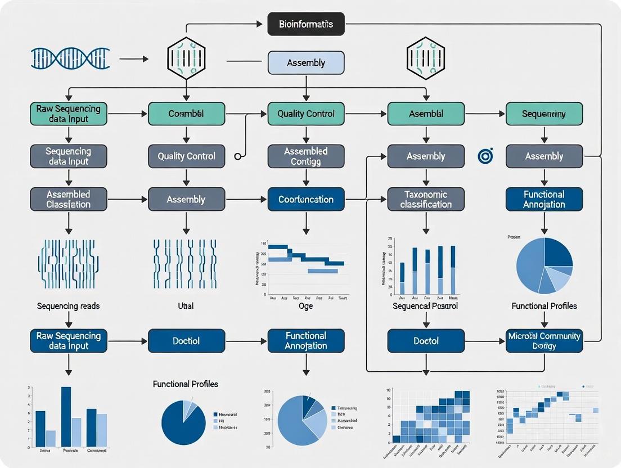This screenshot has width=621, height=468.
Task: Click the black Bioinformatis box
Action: (305, 24)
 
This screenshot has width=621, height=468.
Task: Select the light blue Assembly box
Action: (305, 62)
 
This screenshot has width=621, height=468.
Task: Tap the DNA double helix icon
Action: (70, 58)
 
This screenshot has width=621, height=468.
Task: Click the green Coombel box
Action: (186, 114)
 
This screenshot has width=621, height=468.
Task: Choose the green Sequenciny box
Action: (544, 114)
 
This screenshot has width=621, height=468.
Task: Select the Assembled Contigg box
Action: (305, 156)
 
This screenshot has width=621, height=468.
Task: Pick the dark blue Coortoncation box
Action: (305, 199)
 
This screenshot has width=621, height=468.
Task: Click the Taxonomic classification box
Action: (426, 199)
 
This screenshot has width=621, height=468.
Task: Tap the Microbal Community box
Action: (544, 341)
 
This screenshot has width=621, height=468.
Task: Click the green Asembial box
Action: (426, 114)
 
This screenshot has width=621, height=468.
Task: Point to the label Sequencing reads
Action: (68, 306)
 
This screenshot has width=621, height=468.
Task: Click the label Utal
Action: (186, 306)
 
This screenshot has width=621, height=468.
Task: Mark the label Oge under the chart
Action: (305, 306)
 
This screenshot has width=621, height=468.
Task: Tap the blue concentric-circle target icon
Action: (485, 156)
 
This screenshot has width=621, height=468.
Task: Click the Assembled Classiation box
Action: (68, 199)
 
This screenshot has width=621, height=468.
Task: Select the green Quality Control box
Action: (305, 114)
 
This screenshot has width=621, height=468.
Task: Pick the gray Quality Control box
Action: (186, 156)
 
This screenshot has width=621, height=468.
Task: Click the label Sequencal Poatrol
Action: (425, 306)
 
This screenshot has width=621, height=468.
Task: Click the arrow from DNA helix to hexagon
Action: (134, 58)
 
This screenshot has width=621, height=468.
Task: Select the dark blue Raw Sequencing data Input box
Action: (68, 341)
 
